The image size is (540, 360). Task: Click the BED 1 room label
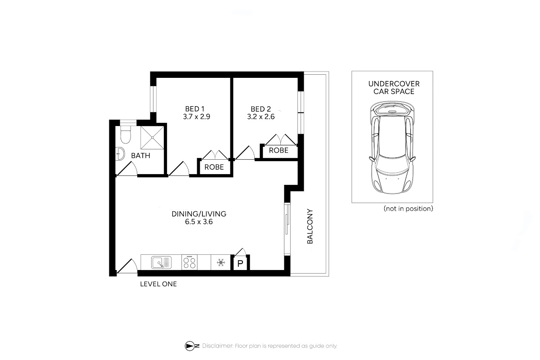(x=194, y=109)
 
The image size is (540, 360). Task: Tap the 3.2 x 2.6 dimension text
(x=261, y=117)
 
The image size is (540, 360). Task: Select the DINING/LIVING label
(x=199, y=214)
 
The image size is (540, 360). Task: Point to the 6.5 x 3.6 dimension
(x=199, y=222)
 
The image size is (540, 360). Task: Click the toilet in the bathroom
(x=126, y=134)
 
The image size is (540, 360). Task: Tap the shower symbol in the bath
(x=153, y=138)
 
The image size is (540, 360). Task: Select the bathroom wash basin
(x=120, y=153)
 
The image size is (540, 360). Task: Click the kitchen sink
(x=161, y=262)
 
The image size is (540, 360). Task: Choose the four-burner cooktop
(x=189, y=262)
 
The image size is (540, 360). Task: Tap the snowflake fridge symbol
(x=221, y=262)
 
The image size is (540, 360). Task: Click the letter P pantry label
(x=240, y=264)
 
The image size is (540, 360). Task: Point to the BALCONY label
(x=310, y=226)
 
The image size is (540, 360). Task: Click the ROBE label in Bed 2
(x=279, y=150)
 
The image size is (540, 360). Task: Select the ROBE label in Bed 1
(x=214, y=167)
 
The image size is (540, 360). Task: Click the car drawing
(x=392, y=148)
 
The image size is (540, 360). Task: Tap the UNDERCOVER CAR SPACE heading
(x=394, y=88)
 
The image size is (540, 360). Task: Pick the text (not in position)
(x=409, y=208)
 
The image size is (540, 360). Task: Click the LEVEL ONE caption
(x=158, y=284)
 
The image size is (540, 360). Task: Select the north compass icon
(x=192, y=346)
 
